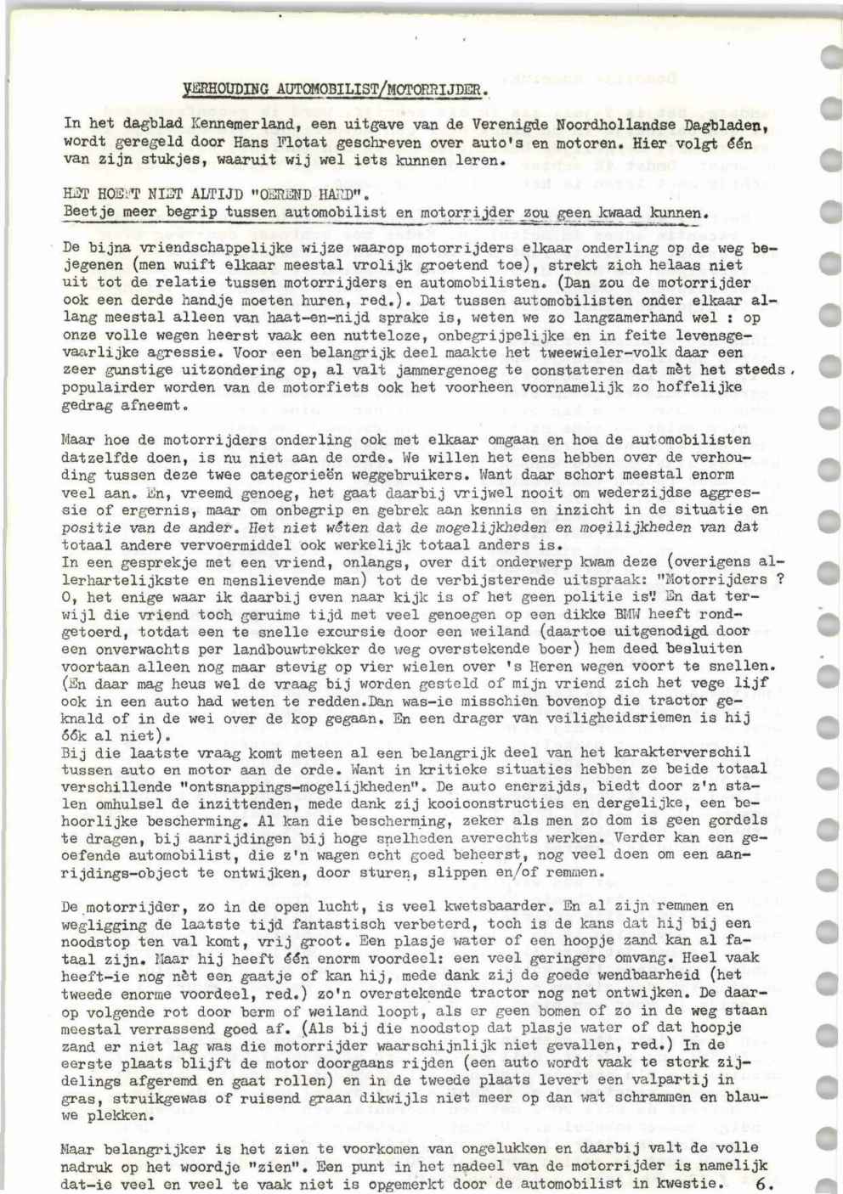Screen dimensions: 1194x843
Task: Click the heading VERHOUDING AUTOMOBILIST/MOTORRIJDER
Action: [336, 87]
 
